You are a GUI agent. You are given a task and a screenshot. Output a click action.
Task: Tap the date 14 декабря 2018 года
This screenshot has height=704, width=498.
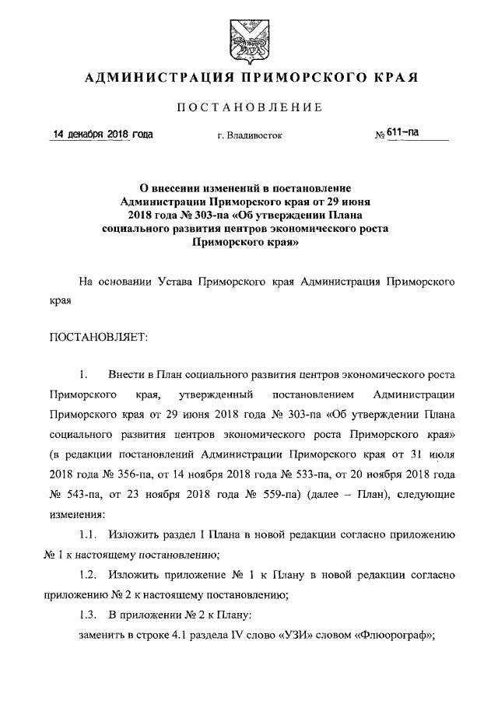[101, 135]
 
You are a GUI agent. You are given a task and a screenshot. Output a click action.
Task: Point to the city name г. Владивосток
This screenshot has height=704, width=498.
[250, 136]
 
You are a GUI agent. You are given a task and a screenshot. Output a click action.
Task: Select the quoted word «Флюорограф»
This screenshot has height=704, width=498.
[393, 635]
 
